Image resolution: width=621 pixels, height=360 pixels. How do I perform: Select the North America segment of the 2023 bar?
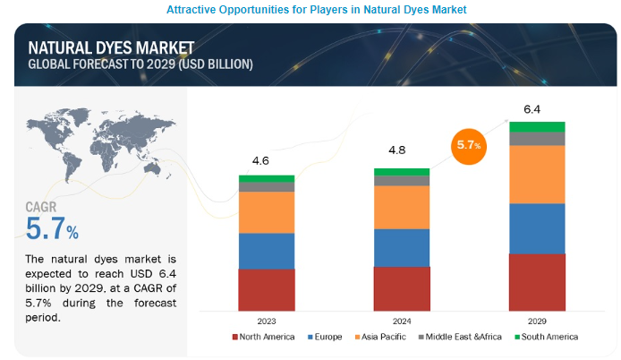coord(267,288)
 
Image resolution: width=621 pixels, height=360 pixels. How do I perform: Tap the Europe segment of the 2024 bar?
coord(402,247)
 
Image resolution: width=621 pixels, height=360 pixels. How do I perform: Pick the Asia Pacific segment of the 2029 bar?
coord(537,174)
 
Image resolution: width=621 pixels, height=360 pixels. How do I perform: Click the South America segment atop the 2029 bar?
coord(537,126)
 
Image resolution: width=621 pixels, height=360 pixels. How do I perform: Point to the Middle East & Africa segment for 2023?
coord(267,187)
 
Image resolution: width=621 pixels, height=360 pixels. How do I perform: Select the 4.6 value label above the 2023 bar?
coord(262,161)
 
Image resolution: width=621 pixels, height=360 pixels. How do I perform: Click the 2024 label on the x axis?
coord(401,320)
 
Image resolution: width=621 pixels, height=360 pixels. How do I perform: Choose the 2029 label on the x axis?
coord(537,320)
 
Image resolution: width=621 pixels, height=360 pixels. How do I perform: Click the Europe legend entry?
coord(326,337)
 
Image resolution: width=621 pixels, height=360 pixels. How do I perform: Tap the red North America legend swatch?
coord(235,337)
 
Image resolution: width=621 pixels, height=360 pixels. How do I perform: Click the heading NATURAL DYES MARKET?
coord(99,49)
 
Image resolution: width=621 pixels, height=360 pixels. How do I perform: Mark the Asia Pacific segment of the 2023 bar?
coord(267,212)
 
